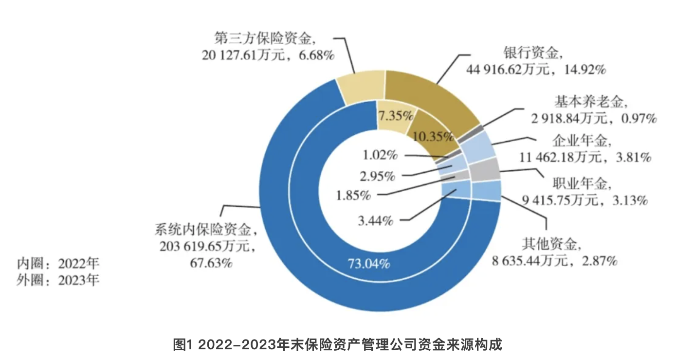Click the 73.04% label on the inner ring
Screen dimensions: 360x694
point(369,264)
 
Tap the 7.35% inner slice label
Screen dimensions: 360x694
point(396,116)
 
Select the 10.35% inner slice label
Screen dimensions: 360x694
point(432,137)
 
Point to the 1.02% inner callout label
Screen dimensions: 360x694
point(380,156)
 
